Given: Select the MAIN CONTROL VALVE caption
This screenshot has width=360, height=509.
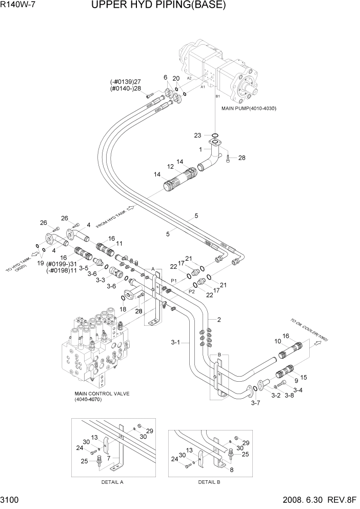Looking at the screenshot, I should point(101,394).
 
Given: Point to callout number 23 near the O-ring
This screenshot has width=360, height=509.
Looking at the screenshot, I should point(197,135).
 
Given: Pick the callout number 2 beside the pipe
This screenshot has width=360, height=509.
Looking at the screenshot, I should point(219,320).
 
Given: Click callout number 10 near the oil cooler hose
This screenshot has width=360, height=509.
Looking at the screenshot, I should point(277,340).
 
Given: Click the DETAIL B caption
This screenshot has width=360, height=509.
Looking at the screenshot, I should point(209,482).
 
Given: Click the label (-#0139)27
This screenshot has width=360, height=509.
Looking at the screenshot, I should point(126,82).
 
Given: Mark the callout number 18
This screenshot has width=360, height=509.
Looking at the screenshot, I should point(122,309).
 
